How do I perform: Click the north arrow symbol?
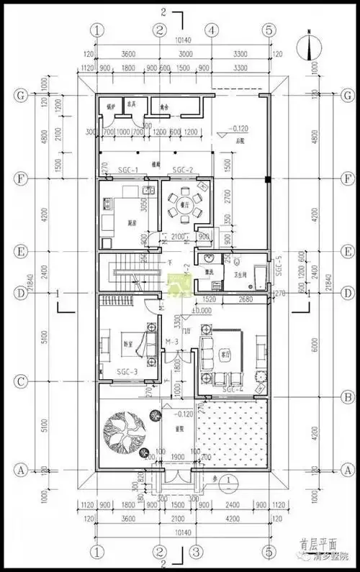coord(308,46)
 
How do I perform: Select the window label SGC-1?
coord(117,171)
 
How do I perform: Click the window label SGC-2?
coord(184,171)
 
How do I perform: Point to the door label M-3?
coord(171,340)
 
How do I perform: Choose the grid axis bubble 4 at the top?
coord(211,30)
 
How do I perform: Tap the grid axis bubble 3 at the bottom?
coord(194,552)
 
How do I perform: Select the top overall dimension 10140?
coord(183,42)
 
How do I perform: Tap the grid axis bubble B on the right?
coord(348,396)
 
